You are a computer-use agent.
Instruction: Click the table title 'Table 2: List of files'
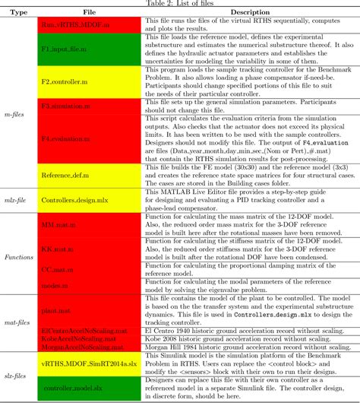181,3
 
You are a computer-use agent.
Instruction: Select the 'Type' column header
17,13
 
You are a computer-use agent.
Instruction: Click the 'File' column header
90,13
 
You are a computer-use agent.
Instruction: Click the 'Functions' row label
17,257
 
